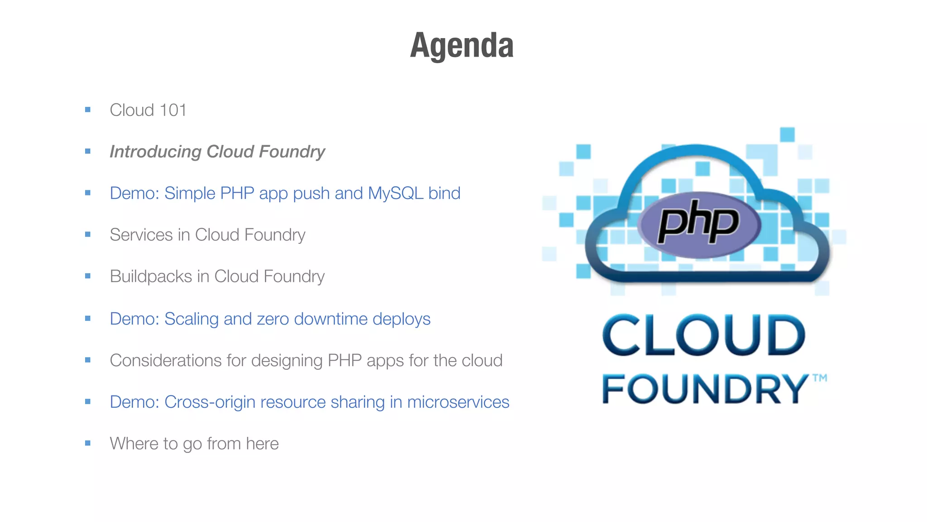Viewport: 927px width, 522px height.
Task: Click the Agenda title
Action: tap(462, 45)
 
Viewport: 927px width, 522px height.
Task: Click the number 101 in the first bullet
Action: tap(172, 110)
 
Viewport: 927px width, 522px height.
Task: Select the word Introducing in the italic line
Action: tap(155, 152)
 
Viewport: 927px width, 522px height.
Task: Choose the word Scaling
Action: tap(191, 319)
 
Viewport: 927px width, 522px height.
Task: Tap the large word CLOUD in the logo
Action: tap(703, 335)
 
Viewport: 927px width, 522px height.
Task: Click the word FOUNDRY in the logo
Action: tap(704, 389)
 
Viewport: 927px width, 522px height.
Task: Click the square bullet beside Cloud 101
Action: tap(88, 110)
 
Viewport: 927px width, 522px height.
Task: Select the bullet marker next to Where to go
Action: tap(88, 443)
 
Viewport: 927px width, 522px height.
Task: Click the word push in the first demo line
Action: tap(311, 194)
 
